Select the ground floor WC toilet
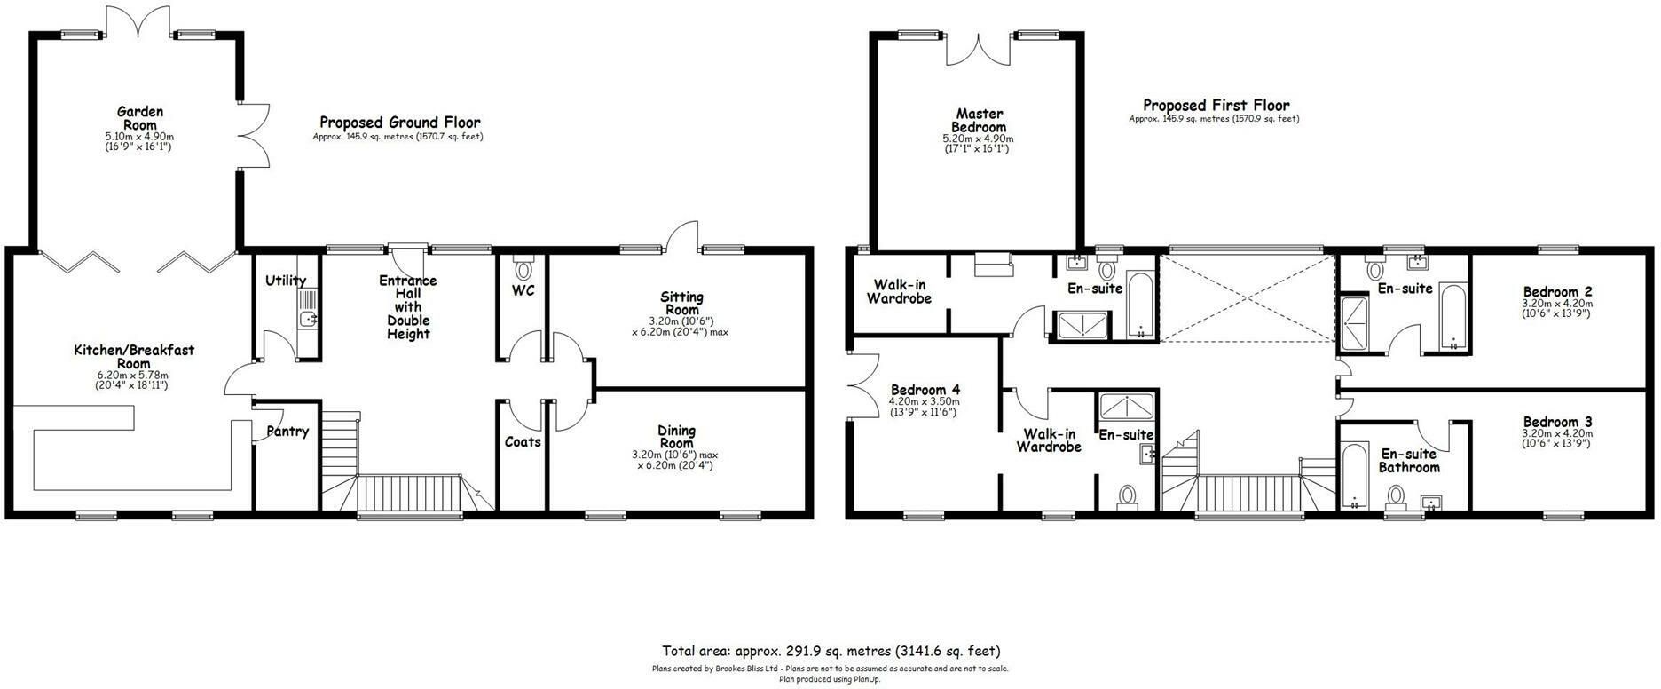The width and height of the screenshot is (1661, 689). (x=523, y=267)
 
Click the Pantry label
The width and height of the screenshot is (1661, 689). (x=287, y=432)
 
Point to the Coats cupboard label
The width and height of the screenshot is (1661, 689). (x=523, y=441)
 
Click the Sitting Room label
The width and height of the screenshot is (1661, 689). (x=681, y=304)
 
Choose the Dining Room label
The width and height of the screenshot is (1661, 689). (x=676, y=437)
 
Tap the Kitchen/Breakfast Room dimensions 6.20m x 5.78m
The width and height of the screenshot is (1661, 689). (x=133, y=375)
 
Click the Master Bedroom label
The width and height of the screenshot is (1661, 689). (x=980, y=120)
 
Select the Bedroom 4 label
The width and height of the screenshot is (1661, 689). (x=925, y=390)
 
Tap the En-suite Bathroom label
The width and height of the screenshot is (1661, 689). (x=1409, y=461)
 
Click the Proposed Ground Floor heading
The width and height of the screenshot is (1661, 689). (x=400, y=123)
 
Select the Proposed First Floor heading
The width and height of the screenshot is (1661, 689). (x=1216, y=105)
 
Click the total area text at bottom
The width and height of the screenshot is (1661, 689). (x=830, y=651)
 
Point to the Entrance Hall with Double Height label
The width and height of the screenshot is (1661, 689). (x=408, y=307)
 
